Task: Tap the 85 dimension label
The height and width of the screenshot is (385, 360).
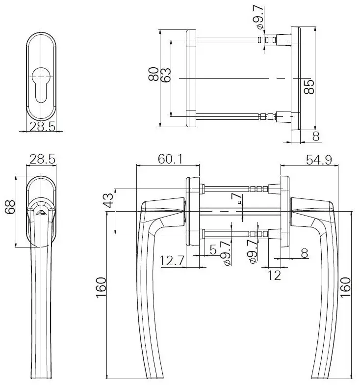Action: coord(309,86)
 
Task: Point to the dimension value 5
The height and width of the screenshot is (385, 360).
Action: coord(213,250)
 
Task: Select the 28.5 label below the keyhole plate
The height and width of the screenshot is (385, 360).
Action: coord(41,127)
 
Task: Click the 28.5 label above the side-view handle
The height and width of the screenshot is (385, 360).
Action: coord(41,159)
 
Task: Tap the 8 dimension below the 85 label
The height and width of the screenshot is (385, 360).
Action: coord(315,136)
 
